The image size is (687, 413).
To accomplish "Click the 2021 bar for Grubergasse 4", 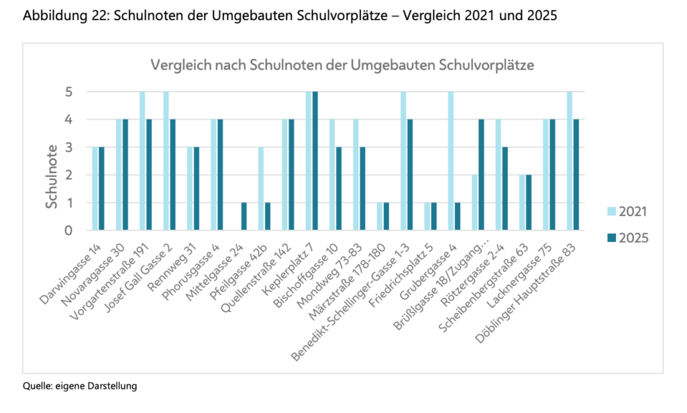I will coord(451,161).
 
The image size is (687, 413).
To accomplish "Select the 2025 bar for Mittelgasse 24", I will coord(244,217).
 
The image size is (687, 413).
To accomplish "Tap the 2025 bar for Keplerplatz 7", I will coord(315,161).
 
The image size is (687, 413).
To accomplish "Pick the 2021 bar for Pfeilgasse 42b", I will coord(261,188).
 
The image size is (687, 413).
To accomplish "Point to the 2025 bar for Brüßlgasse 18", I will coord(482,175).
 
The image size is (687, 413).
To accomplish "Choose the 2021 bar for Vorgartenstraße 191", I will coord(142,161).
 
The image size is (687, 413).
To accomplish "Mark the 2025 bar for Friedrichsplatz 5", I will coord(434,217).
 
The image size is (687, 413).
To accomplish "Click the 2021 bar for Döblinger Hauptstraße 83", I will coord(570,161).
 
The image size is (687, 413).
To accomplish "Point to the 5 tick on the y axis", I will coord(68,92).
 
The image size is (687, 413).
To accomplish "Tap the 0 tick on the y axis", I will coord(68,231).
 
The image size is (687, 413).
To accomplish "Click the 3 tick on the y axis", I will coord(68,147).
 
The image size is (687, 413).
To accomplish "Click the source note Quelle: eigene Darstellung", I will coord(79,386).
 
